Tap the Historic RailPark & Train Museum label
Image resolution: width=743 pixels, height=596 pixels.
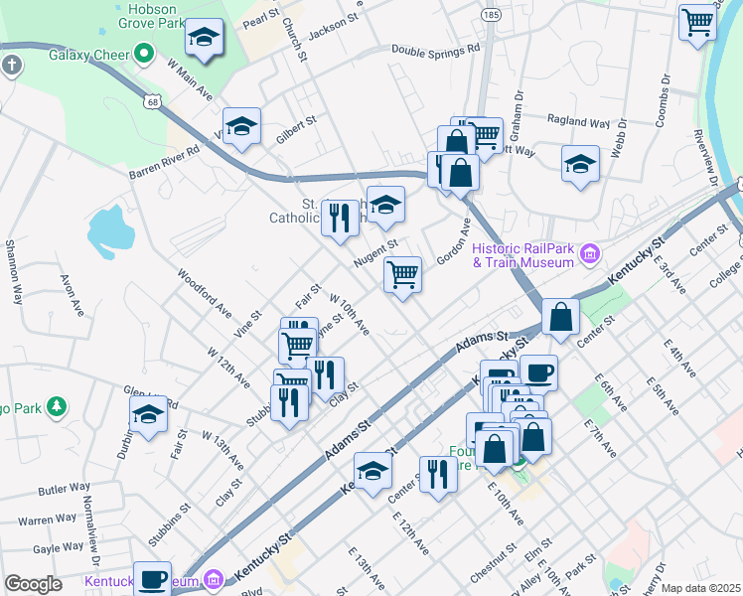click(x=523, y=255)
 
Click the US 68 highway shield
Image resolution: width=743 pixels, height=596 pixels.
click(x=151, y=101)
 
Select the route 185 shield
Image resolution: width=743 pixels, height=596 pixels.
click(x=489, y=15)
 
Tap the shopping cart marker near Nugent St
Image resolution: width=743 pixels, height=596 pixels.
click(x=402, y=274)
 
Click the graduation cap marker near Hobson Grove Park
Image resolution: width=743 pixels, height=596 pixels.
click(x=205, y=38)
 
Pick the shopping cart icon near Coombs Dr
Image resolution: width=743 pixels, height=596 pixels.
click(x=697, y=22)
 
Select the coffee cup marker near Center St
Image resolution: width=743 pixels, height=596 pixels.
click(x=538, y=372)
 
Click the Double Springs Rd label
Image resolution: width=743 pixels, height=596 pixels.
click(x=435, y=48)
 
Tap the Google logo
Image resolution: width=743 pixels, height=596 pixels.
click(x=33, y=584)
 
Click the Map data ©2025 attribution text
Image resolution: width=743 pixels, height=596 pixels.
click(x=699, y=588)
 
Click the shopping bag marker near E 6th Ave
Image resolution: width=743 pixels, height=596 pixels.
click(x=561, y=318)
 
